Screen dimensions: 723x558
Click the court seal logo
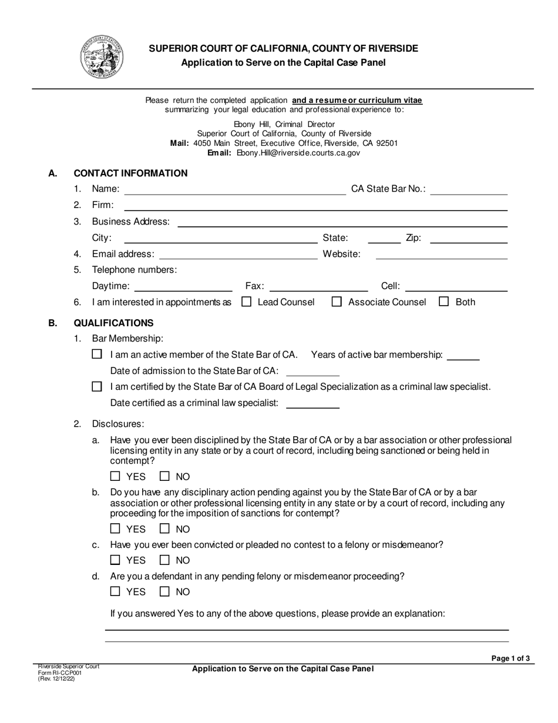point(101,57)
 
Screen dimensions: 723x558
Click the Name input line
point(235,189)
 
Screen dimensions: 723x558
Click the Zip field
point(468,238)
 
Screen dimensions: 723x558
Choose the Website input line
point(441,254)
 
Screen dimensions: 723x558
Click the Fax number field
point(318,286)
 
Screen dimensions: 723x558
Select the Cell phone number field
point(456,286)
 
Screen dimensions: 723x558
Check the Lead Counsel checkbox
point(247,302)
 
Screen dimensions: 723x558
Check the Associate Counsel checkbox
point(337,302)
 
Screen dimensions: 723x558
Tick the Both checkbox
point(444,302)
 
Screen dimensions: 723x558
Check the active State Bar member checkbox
point(98,354)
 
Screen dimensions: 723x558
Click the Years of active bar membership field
point(463,354)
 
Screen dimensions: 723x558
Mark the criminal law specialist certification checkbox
point(98,387)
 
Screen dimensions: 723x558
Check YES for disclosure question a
point(116,477)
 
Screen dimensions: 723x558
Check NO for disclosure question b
point(166,528)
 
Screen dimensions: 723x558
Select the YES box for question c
point(116,560)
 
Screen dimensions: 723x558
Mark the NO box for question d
point(166,591)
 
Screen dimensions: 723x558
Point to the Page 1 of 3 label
point(510,658)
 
